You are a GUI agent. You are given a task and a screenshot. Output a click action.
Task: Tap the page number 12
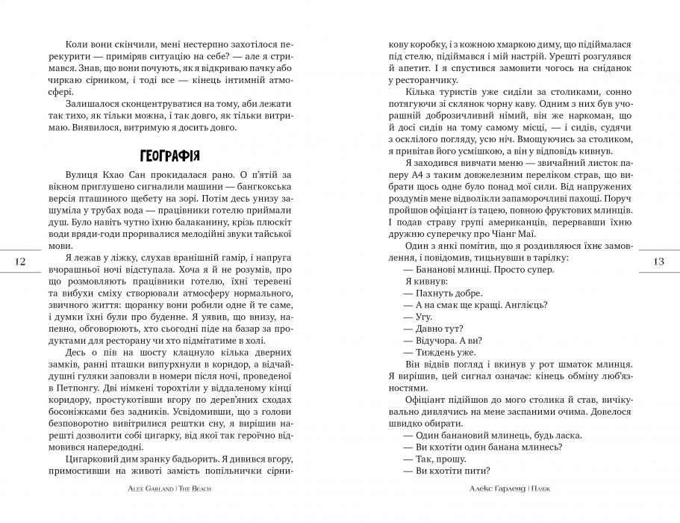20,261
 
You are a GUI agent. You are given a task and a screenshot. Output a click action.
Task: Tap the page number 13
658,261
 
